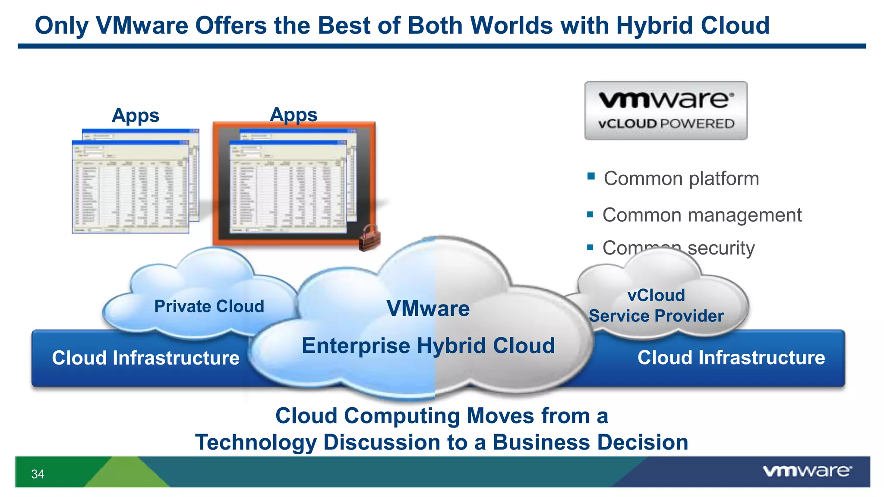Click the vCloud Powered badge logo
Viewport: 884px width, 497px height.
coord(666,110)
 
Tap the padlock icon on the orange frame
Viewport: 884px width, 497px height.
coord(369,238)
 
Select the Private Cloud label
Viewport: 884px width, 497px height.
coord(209,306)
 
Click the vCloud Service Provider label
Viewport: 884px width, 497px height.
coord(656,306)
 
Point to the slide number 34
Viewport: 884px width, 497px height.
coord(38,474)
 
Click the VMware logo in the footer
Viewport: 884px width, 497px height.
coord(807,471)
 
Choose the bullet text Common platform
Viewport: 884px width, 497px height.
coord(681,179)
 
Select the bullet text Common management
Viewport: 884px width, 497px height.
coord(702,215)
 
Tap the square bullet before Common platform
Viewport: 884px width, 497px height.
coord(591,176)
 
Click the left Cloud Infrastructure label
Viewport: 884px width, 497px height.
coord(145,358)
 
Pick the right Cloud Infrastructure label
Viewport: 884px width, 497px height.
coord(731,358)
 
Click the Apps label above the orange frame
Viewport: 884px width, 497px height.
coord(294,115)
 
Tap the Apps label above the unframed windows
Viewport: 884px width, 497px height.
coord(136,116)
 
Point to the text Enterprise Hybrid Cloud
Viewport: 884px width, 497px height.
coord(428,346)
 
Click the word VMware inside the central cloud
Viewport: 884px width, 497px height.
coord(428,308)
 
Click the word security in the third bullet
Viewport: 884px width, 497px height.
coord(721,248)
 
